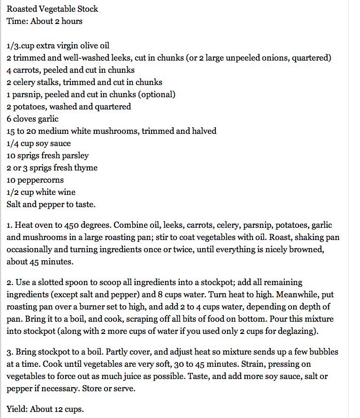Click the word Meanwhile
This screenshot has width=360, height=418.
click(x=267, y=294)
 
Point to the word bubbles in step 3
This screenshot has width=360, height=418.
click(x=320, y=352)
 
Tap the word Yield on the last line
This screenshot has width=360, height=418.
click(x=17, y=409)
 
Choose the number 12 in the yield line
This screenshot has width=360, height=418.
click(x=60, y=409)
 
